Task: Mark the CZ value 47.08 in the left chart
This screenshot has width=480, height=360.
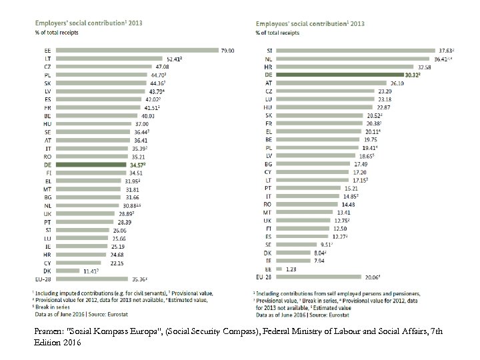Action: pyautogui.click(x=163, y=67)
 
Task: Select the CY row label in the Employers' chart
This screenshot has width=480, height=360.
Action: pyautogui.click(x=47, y=263)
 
